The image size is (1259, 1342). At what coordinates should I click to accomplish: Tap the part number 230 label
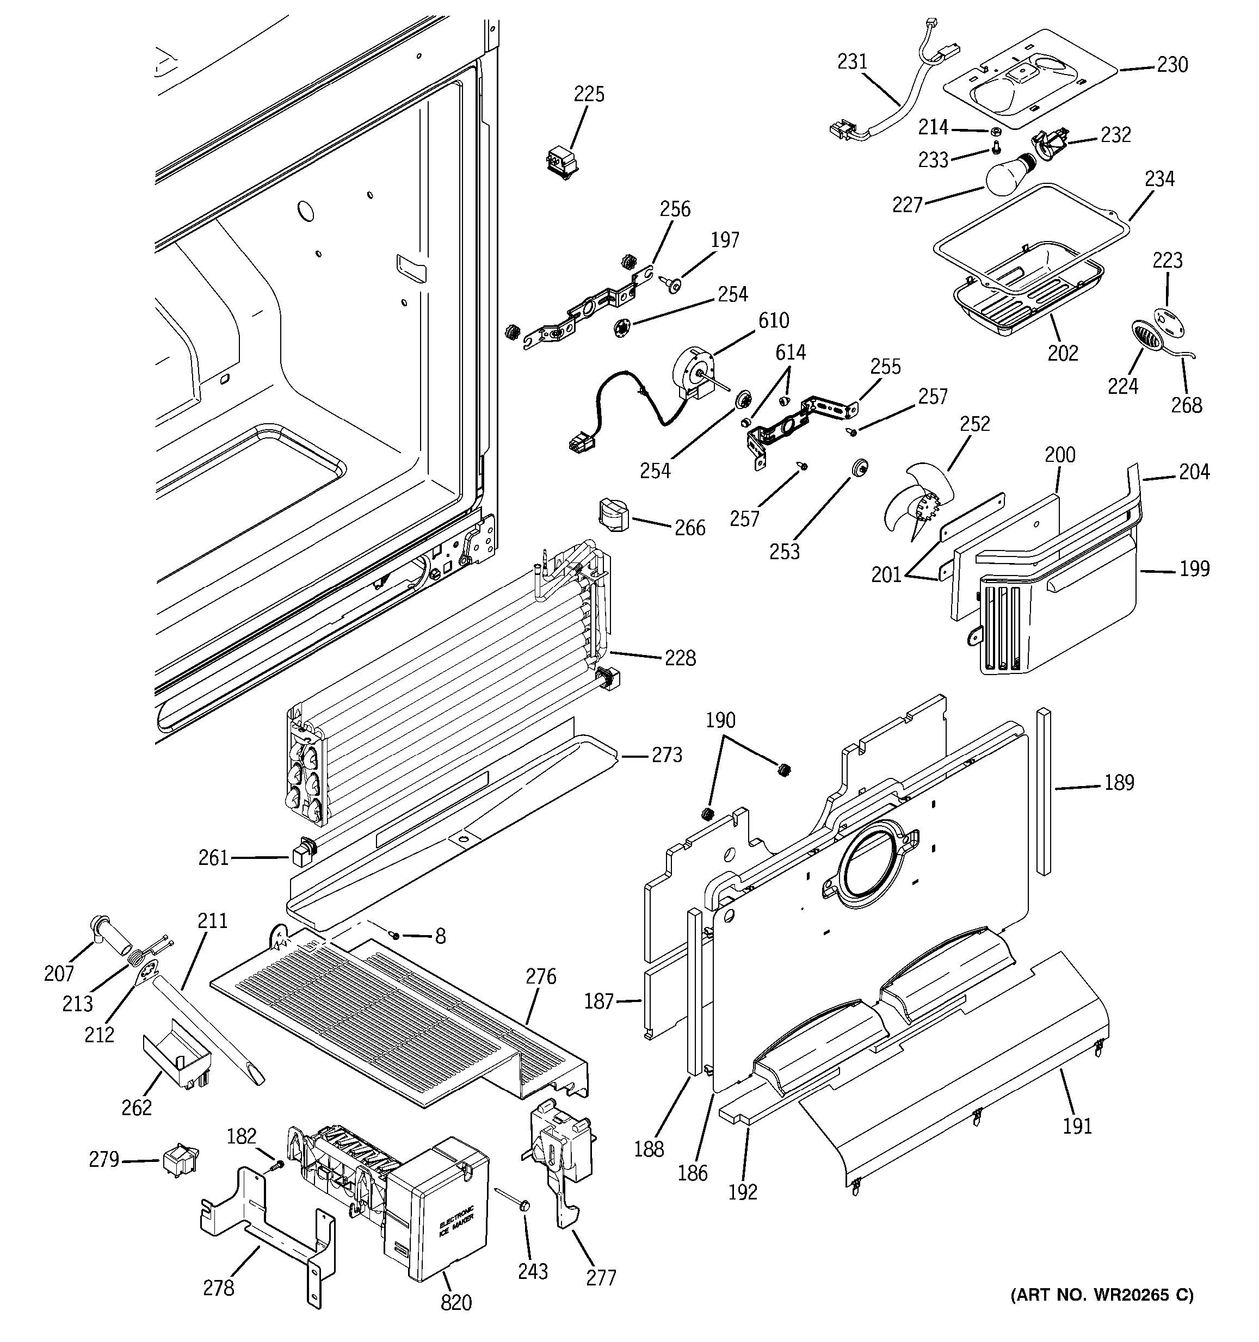point(1172,65)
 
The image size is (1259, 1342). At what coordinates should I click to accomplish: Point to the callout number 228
point(680,658)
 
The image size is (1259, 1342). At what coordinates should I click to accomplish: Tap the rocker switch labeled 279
point(178,1159)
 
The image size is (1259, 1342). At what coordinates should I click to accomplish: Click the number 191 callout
point(1077,1125)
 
